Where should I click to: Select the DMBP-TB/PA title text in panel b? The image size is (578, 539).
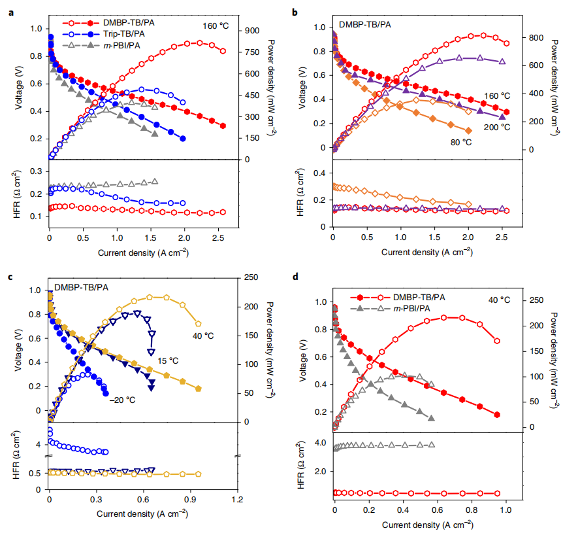coord(361,24)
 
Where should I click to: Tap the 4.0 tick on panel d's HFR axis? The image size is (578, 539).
coord(323,443)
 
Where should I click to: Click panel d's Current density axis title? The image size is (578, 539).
coord(419,525)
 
